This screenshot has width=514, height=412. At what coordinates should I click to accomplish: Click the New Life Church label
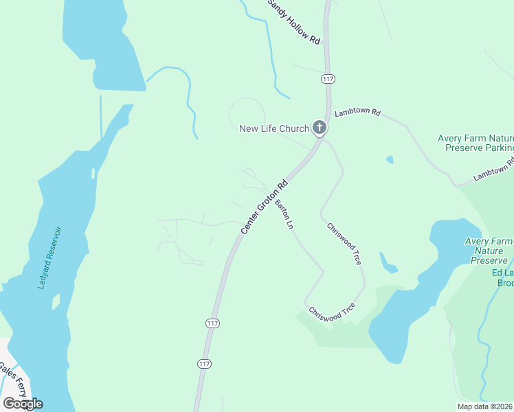(x=273, y=128)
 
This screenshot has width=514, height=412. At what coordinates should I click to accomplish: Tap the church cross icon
(x=319, y=127)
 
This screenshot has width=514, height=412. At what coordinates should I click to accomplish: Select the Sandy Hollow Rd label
(x=295, y=23)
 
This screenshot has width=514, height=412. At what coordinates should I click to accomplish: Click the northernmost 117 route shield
(x=327, y=80)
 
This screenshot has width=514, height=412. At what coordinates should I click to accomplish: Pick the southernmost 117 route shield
(x=204, y=363)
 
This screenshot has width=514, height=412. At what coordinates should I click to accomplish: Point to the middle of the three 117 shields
(x=212, y=323)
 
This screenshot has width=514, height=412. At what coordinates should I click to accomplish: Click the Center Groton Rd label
(x=264, y=207)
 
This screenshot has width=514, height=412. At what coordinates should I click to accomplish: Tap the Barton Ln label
(x=284, y=215)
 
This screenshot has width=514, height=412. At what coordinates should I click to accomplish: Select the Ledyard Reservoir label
(x=49, y=257)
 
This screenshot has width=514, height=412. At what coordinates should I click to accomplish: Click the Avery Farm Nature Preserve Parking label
(x=476, y=143)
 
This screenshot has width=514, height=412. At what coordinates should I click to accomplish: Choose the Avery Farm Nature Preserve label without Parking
(x=489, y=251)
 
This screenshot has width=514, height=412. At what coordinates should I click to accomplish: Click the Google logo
(x=23, y=403)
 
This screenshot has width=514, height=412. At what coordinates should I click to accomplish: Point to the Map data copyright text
(x=485, y=407)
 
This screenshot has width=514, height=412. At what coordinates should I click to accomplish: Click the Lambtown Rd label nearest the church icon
(x=357, y=112)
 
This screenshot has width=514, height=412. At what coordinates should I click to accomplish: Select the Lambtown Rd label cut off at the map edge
(x=493, y=171)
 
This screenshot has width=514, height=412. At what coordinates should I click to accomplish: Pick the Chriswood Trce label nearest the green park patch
(x=332, y=313)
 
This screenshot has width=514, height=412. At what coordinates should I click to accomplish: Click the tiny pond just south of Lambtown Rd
(x=390, y=159)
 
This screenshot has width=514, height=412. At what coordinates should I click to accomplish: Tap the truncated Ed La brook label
(x=502, y=277)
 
